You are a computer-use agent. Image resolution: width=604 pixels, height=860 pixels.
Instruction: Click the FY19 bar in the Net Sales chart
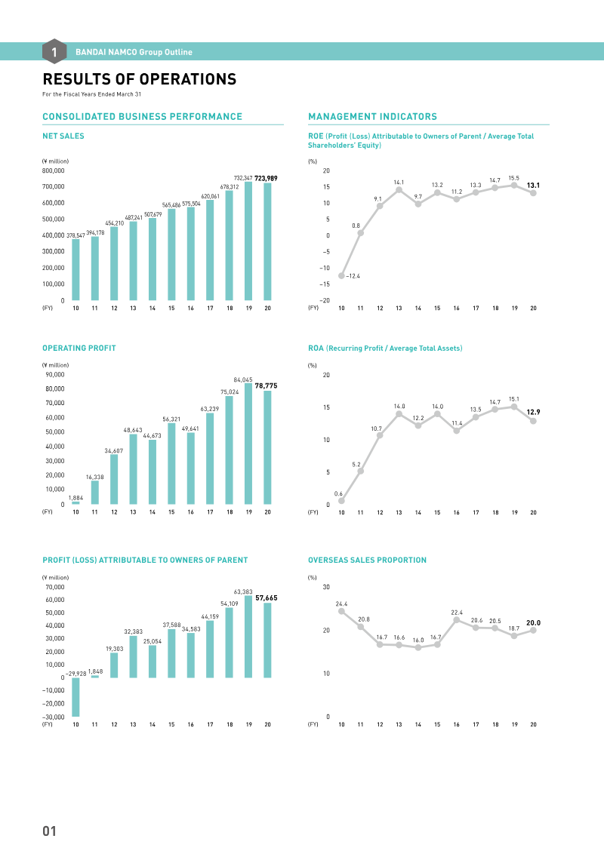(x=248, y=241)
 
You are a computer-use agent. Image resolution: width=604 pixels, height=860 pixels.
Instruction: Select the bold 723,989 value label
(x=266, y=178)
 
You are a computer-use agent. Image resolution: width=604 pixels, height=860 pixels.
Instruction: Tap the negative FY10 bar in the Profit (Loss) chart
(x=75, y=697)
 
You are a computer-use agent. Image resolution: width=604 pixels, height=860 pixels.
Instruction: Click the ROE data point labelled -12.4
(x=341, y=275)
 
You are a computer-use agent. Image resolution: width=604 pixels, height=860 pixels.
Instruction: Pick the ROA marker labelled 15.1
(x=514, y=407)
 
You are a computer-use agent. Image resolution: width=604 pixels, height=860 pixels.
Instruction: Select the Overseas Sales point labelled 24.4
(x=341, y=611)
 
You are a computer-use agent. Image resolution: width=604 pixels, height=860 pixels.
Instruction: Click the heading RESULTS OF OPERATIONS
(x=139, y=80)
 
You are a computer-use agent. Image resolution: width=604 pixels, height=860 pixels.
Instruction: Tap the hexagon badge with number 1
(x=54, y=51)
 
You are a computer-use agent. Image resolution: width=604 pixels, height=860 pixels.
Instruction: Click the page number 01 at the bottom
(x=50, y=831)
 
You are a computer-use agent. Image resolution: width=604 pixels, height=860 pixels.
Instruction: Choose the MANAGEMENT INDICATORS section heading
(x=372, y=117)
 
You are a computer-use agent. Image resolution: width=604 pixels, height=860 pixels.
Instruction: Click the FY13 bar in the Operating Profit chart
(x=133, y=469)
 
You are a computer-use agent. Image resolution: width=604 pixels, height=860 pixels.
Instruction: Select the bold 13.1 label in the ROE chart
(x=533, y=185)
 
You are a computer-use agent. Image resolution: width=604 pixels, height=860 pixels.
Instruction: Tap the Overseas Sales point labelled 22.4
(x=457, y=620)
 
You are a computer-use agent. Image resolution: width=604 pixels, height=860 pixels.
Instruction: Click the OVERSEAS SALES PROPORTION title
(x=367, y=561)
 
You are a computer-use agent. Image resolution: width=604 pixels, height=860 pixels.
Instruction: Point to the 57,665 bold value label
(x=267, y=597)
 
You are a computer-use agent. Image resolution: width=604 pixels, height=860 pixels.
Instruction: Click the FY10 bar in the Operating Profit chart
(x=75, y=502)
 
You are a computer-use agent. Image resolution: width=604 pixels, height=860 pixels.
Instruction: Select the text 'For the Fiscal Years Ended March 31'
(x=91, y=94)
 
